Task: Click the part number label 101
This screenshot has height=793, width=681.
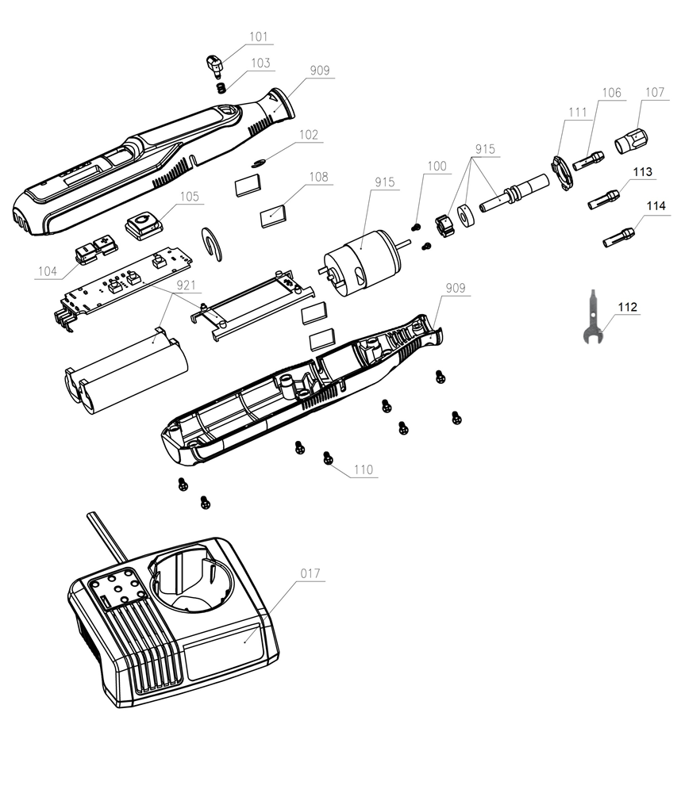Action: point(258,36)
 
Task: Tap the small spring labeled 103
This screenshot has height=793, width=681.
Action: point(222,85)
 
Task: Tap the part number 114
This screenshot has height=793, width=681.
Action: point(655,205)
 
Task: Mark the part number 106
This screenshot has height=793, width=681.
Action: point(610,93)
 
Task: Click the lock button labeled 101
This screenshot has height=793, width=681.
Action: point(213,63)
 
